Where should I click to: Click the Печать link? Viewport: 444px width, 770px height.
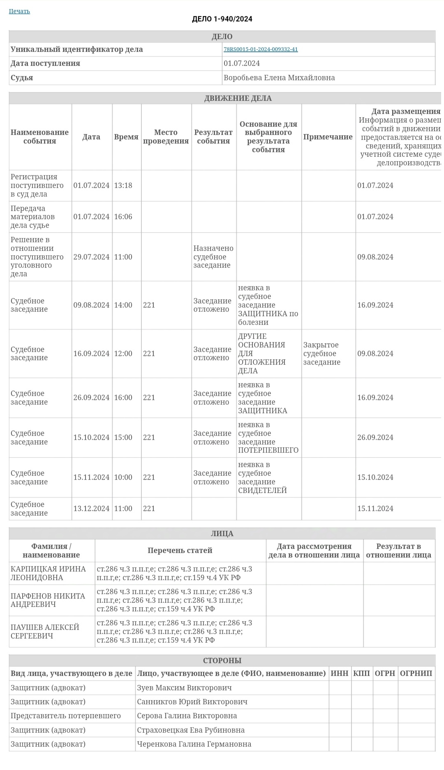[x=19, y=11]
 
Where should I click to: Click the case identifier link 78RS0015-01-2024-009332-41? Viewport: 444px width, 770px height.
[x=261, y=49]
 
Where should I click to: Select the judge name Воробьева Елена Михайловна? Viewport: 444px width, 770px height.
[x=279, y=78]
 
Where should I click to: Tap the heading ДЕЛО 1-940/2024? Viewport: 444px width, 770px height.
[x=222, y=19]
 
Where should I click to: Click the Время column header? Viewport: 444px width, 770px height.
[x=126, y=137]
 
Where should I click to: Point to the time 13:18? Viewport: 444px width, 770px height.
[x=123, y=185]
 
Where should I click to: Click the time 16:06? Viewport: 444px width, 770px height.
[x=123, y=217]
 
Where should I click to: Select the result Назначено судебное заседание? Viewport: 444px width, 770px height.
[x=213, y=257]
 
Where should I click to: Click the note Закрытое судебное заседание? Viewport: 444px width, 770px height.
[x=322, y=354]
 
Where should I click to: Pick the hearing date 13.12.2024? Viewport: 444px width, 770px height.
[x=91, y=509]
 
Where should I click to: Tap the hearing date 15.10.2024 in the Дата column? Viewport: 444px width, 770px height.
[x=91, y=437]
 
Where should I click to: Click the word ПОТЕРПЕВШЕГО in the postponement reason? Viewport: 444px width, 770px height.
[x=268, y=450]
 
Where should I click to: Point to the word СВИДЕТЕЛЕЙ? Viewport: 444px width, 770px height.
[x=262, y=490]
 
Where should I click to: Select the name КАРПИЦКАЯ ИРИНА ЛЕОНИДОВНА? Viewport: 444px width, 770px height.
[x=48, y=573]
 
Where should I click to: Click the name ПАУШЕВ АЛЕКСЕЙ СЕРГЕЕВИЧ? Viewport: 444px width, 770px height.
[x=45, y=631]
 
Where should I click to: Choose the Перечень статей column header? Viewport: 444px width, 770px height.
[x=180, y=550]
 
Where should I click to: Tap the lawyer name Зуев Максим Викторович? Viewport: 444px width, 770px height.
[x=184, y=688]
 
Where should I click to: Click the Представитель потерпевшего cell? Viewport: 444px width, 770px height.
[x=66, y=716]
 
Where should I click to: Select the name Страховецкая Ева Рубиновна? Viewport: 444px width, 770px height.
[x=191, y=730]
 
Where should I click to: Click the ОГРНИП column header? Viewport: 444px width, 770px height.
[x=416, y=673]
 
